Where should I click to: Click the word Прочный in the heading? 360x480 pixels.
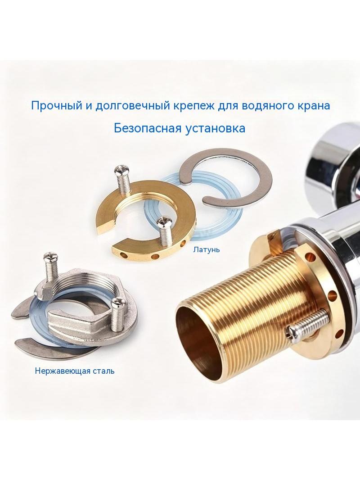pos(56,106)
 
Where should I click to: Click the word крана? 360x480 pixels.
pos(312,106)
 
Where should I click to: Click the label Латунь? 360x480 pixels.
pos(206,249)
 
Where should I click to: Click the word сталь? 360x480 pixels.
pos(102,371)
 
